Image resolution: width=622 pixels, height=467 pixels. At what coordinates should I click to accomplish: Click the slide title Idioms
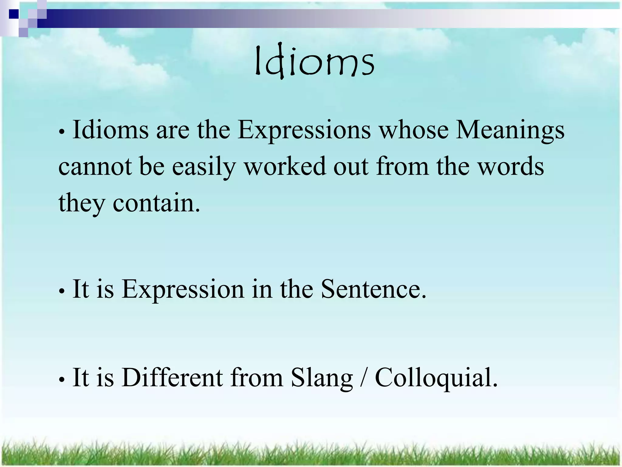[314, 62]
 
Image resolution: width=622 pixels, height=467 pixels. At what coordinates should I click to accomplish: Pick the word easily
[204, 167]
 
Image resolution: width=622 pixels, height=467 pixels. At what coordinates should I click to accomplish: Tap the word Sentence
[374, 289]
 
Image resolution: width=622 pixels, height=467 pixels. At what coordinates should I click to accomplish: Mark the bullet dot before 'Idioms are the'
[62, 132]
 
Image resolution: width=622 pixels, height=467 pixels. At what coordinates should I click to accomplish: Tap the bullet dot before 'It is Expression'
[62, 291]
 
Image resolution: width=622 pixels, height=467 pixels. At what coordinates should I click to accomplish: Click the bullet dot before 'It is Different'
[62, 379]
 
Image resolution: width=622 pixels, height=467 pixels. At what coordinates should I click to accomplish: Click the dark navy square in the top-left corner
[13, 14]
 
